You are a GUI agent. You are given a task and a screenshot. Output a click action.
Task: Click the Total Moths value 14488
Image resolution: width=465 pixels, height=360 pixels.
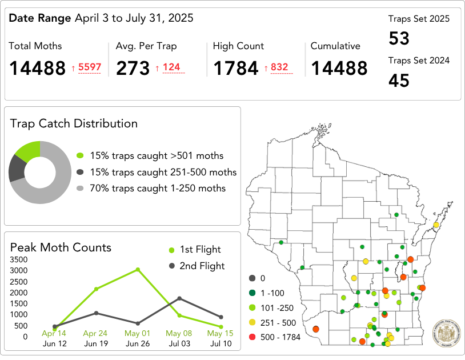[38, 69]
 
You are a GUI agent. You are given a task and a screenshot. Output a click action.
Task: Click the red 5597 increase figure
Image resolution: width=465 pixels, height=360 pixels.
[90, 67]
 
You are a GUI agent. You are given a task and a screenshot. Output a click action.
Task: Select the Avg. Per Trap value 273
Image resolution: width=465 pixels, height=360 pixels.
[133, 69]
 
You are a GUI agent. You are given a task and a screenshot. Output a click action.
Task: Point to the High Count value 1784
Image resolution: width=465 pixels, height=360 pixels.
[236, 69]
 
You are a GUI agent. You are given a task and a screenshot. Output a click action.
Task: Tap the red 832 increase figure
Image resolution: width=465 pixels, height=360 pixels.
[279, 67]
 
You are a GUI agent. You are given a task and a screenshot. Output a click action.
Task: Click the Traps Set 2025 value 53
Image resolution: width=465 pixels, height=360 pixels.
[399, 39]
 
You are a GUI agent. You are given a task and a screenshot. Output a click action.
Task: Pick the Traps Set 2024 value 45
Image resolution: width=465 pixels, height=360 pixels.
[399, 81]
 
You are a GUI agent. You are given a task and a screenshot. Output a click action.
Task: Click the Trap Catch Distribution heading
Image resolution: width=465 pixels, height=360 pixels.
[74, 123]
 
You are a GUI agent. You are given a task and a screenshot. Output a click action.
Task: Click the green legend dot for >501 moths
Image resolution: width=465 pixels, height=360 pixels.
[80, 155]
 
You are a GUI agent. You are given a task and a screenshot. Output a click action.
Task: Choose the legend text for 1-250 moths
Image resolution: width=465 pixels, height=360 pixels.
[158, 188]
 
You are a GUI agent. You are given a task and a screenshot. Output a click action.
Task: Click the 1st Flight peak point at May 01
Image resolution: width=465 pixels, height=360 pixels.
[138, 270]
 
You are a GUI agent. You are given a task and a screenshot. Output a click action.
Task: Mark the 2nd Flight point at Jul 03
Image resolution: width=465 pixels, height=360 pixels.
[179, 298]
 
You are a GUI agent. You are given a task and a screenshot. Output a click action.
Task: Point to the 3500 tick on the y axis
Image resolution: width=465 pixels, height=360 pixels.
[19, 260]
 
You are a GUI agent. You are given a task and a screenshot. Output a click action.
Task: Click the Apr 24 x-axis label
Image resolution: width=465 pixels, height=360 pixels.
[95, 333]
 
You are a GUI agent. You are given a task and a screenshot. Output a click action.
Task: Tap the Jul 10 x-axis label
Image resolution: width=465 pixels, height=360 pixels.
[221, 344]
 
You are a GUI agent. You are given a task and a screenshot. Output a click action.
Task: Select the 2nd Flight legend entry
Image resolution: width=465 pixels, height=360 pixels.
[197, 266]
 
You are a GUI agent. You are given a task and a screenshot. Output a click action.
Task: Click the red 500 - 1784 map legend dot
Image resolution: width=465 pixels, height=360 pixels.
[252, 337]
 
